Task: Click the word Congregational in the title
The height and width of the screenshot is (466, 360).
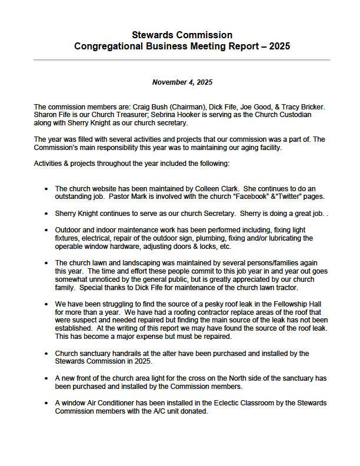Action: (x=105, y=46)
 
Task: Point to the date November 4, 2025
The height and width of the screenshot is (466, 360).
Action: (x=181, y=82)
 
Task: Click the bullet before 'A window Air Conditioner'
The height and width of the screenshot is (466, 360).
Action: (x=46, y=403)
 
